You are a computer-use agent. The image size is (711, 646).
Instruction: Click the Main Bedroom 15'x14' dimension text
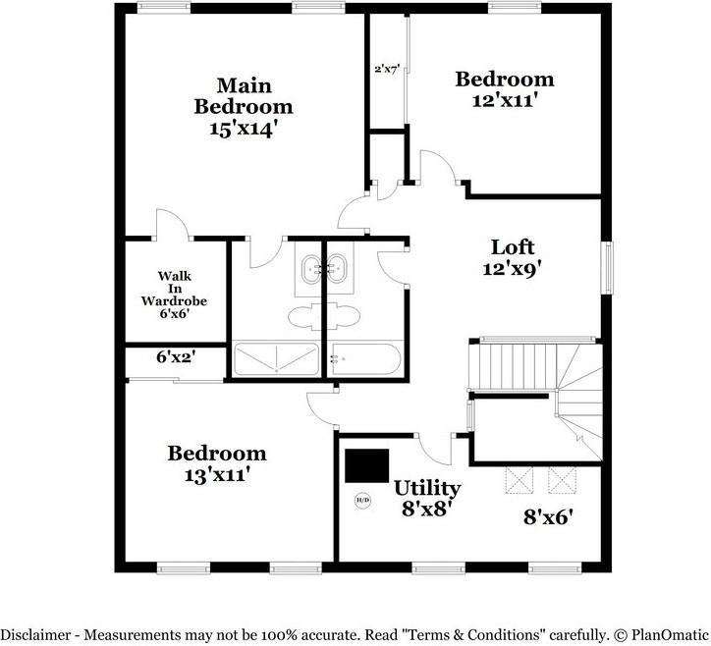[x=243, y=129]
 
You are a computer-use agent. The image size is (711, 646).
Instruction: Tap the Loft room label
[x=513, y=247]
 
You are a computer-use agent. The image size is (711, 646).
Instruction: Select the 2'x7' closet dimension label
[x=387, y=70]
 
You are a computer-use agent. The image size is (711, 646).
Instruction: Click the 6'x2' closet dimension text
[x=176, y=357]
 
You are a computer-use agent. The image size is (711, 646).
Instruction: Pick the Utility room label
[x=427, y=488]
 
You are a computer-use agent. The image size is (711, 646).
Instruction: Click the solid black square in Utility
[x=367, y=465]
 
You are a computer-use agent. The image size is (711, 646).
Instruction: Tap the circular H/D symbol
[x=362, y=500]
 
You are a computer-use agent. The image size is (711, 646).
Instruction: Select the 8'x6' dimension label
[x=549, y=516]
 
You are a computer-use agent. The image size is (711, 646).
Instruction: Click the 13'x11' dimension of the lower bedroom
[x=218, y=475]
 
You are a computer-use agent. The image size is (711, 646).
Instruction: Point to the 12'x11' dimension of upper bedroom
[x=505, y=100]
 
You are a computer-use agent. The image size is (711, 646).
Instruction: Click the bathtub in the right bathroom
[x=365, y=359]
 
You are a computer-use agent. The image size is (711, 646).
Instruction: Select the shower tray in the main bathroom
[x=276, y=359]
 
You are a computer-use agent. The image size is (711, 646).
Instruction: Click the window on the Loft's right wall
[x=607, y=267]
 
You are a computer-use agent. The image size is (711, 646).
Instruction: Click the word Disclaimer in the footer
[x=35, y=634]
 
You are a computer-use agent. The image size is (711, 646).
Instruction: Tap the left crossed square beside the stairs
[x=520, y=480]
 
